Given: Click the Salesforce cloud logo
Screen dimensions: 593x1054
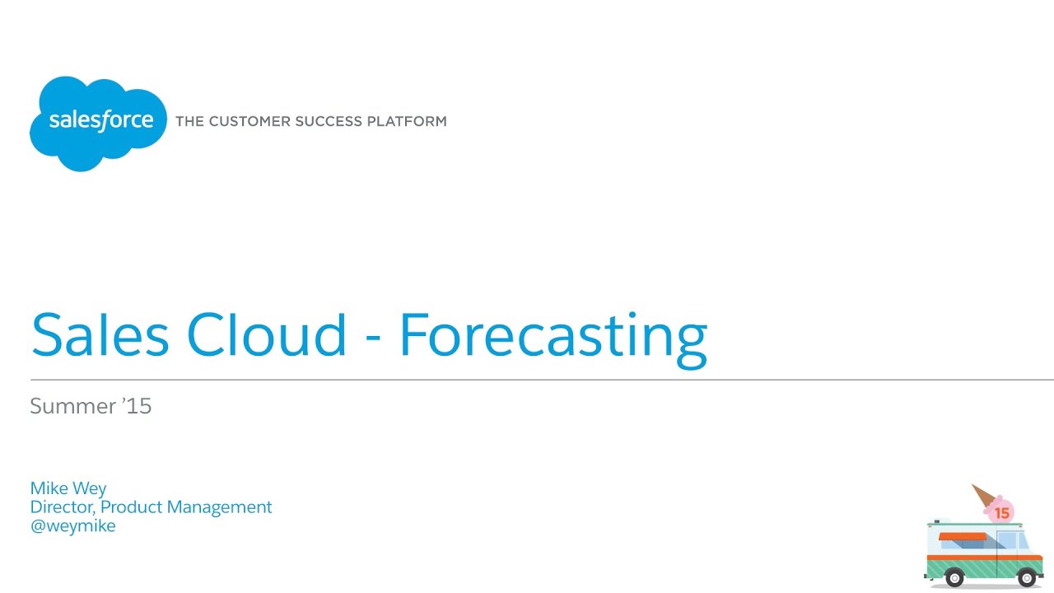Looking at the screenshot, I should point(98,123).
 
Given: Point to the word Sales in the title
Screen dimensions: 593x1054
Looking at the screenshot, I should point(100,334).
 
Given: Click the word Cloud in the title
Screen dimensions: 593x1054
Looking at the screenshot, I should point(267,334).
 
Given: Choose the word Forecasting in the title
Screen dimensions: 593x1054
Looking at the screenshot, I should point(553,336).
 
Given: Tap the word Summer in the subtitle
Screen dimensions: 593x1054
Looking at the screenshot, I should point(72,406).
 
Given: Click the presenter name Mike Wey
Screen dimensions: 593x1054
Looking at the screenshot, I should point(68,488).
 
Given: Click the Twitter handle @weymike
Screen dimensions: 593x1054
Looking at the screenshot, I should point(72,525).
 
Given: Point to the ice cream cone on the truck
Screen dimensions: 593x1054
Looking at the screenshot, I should point(983,495).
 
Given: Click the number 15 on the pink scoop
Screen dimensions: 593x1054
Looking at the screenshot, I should point(1001,513).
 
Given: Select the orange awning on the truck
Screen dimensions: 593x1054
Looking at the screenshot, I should point(963,537).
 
